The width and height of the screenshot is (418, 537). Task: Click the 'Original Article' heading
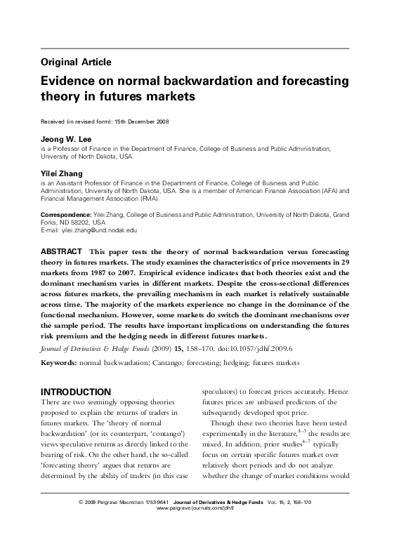[76, 62]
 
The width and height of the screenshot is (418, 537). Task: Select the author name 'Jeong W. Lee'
[66, 139]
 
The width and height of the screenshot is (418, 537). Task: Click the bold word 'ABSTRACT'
[61, 251]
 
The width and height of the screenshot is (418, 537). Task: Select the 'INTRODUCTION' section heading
[75, 391]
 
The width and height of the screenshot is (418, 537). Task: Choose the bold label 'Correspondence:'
[66, 213]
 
